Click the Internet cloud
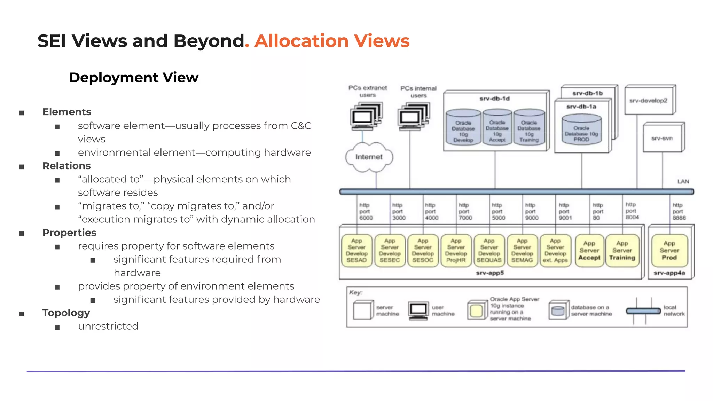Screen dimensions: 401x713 [x=369, y=157]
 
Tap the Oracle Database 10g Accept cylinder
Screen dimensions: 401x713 [x=497, y=127]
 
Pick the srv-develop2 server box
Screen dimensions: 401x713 [x=649, y=101]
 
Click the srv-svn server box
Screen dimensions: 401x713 [x=662, y=138]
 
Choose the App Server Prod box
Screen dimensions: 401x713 [x=669, y=251]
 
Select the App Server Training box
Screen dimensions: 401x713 [x=622, y=251]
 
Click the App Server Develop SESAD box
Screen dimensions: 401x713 [x=356, y=251]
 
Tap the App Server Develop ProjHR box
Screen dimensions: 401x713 [x=456, y=251]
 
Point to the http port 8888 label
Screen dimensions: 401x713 [x=679, y=212]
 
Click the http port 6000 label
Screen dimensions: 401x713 [x=366, y=212]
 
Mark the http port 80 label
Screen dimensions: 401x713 [x=597, y=212]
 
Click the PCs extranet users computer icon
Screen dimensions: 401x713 [x=366, y=116]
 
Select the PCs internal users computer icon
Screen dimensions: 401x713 [x=414, y=116]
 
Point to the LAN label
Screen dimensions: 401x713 [x=683, y=181]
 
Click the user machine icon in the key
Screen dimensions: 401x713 [x=418, y=310]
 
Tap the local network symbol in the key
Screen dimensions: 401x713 [x=643, y=311]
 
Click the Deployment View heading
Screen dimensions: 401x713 [x=134, y=77]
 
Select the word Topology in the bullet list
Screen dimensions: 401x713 [x=66, y=313]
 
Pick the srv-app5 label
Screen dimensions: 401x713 [x=490, y=273]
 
